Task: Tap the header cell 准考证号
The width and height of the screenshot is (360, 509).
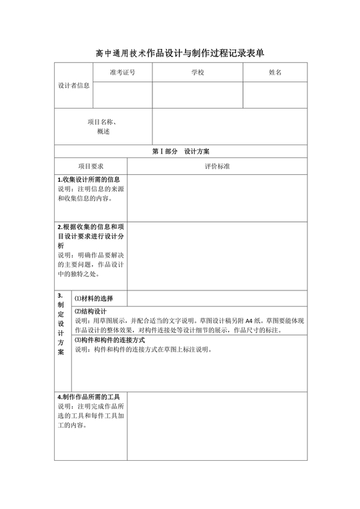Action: click(122, 73)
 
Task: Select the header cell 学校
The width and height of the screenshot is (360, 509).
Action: click(197, 73)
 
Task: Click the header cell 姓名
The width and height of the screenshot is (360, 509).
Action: click(274, 73)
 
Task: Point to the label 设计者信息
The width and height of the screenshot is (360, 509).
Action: click(74, 85)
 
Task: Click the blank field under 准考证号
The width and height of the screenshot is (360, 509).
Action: click(122, 94)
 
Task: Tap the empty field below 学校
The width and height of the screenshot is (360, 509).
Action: click(197, 94)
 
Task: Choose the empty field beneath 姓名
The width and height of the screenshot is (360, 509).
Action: click(274, 94)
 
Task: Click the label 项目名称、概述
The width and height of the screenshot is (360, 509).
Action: click(104, 127)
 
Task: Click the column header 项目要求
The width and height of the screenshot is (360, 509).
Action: click(91, 166)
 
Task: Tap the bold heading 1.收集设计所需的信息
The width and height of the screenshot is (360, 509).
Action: click(88, 180)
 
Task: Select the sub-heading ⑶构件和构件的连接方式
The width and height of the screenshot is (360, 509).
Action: click(110, 340)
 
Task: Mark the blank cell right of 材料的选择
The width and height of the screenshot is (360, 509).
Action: click(217, 298)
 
